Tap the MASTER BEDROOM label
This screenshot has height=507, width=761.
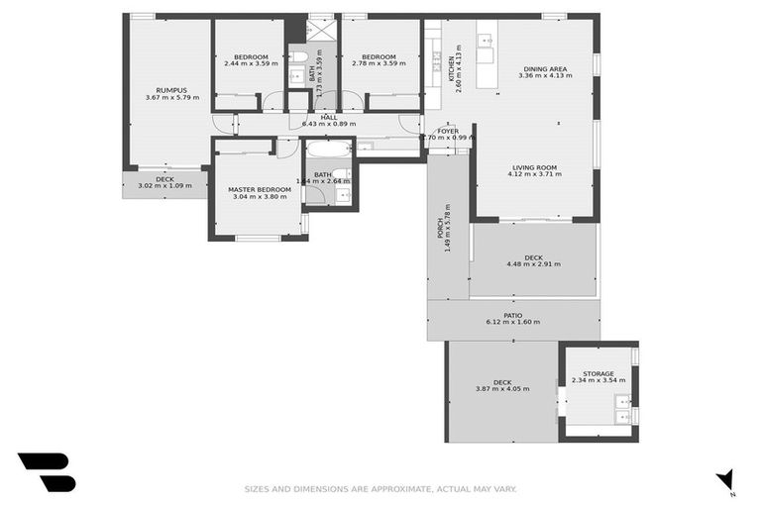tap(260, 189)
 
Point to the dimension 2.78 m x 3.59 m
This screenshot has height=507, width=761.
tap(379, 64)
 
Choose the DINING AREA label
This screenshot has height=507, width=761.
tap(548, 68)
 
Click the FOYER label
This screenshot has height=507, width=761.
tap(448, 130)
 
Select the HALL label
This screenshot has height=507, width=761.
tap(328, 117)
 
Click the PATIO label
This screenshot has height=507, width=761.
tap(512, 315)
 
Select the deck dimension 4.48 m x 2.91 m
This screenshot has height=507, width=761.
tap(533, 264)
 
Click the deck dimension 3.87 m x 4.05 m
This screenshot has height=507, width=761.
tap(502, 389)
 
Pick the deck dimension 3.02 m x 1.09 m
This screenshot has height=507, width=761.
tap(163, 185)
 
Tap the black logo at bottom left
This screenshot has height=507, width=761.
tap(46, 472)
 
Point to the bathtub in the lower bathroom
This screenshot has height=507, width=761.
tap(327, 151)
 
